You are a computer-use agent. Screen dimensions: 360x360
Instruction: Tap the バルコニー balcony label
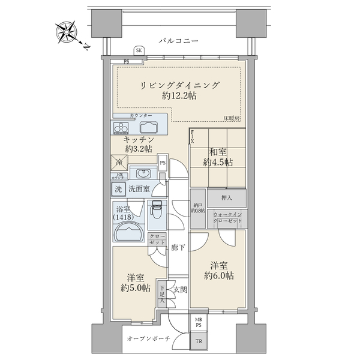pos(178,41)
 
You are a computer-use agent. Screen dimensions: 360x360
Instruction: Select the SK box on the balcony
pos(139,52)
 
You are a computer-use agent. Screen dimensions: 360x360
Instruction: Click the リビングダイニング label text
pos(180,85)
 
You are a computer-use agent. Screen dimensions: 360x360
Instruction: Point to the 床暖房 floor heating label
pos(232,118)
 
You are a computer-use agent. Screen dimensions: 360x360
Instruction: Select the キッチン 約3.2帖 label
pos(136,143)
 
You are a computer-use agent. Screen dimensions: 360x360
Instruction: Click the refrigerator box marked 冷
pos(119,161)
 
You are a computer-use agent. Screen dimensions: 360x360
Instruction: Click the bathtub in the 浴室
pos(128,231)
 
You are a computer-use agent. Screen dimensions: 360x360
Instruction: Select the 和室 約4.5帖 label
pos(216,157)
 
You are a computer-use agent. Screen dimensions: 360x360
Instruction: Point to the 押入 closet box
pos(227,197)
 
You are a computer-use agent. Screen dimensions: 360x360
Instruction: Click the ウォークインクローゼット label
pos(227,217)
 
